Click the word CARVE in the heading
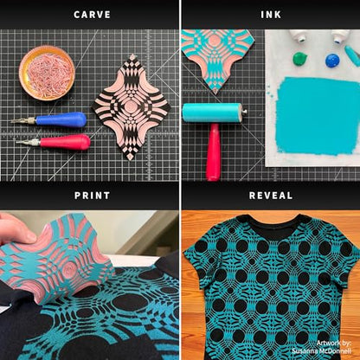click(x=92, y=15)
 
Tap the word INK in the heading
click(x=271, y=15)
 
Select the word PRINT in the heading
click(x=92, y=196)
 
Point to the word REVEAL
click(x=271, y=196)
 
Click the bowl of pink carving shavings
click(x=47, y=73)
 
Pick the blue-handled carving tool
click(x=49, y=119)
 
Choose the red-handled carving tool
click(x=54, y=142)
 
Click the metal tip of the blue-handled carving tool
click(x=23, y=121)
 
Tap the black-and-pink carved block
click(x=132, y=107)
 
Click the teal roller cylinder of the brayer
click(x=212, y=112)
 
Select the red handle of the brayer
click(x=213, y=152)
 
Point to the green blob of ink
click(x=300, y=59)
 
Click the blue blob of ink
click(x=333, y=60)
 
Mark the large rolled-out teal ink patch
click(x=318, y=116)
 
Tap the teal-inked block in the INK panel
click(x=217, y=60)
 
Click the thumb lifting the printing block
click(x=17, y=230)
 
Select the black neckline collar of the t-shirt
click(x=271, y=228)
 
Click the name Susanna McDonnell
click(x=321, y=351)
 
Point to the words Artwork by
click(x=333, y=343)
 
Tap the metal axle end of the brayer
click(x=245, y=111)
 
